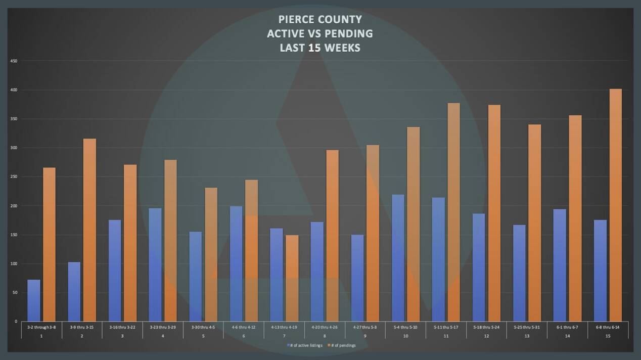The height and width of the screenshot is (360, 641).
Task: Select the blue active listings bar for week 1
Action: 34,300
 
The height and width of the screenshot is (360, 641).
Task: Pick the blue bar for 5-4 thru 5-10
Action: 398,258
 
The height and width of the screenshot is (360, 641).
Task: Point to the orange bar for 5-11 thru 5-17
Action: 453,212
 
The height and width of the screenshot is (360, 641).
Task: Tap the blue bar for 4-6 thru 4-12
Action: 236,263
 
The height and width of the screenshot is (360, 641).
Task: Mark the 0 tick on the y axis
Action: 16,322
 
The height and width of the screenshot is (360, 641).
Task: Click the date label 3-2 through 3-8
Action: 41,328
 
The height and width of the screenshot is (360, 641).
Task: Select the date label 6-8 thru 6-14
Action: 608,328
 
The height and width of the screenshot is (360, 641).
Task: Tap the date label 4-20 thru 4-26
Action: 325,328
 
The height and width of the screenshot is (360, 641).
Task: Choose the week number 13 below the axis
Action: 527,336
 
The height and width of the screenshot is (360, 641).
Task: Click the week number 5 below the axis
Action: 203,336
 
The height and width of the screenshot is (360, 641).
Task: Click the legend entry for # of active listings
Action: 306,345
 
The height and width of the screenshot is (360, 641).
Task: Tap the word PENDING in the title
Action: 349,34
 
